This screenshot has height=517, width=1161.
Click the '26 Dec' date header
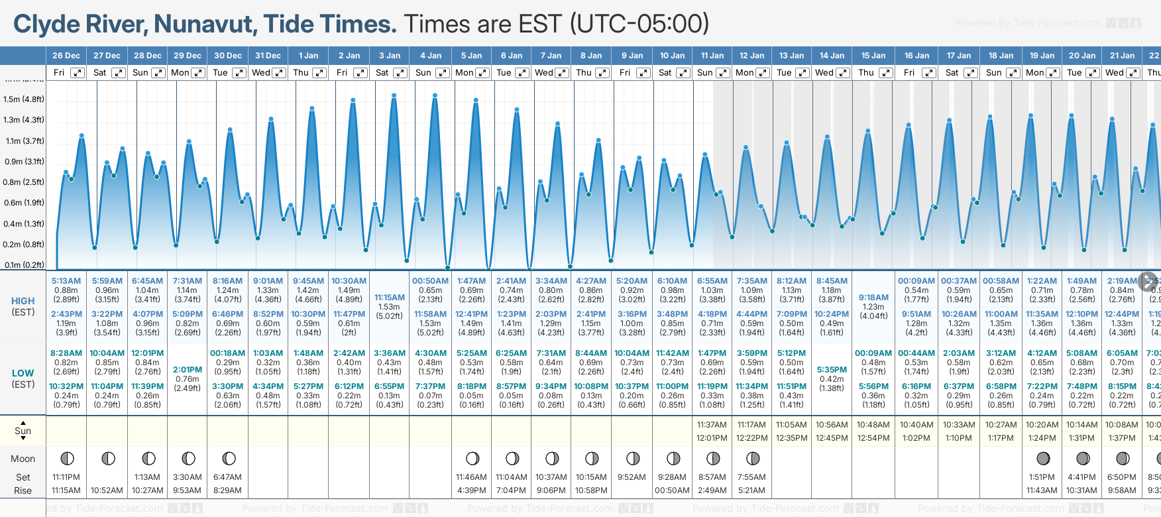(x=66, y=56)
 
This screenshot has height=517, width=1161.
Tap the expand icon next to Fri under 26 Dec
(x=78, y=73)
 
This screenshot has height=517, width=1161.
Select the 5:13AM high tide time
(x=66, y=281)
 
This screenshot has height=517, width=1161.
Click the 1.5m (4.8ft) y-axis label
(x=24, y=99)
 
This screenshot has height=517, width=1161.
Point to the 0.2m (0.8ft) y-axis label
(x=24, y=244)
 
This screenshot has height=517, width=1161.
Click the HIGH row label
(x=23, y=301)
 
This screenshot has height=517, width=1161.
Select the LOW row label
(x=23, y=373)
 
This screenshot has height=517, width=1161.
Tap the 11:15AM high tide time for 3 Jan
(x=390, y=298)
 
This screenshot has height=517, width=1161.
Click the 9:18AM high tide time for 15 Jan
(x=873, y=298)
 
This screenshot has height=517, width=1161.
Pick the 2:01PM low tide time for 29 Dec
(x=188, y=370)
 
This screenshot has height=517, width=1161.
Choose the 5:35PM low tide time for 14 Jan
(x=832, y=370)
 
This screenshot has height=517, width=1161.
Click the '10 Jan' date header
(x=672, y=56)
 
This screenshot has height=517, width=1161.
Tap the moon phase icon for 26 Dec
(x=67, y=458)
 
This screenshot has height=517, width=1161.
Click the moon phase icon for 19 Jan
(x=1042, y=458)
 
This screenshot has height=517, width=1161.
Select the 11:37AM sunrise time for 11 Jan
(x=712, y=425)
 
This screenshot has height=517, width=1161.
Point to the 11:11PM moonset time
(x=66, y=477)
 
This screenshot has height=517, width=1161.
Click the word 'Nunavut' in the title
(x=205, y=24)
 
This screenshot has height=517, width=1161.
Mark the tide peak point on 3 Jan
(x=394, y=95)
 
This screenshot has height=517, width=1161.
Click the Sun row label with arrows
(x=23, y=431)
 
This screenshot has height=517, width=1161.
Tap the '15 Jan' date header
(x=873, y=56)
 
